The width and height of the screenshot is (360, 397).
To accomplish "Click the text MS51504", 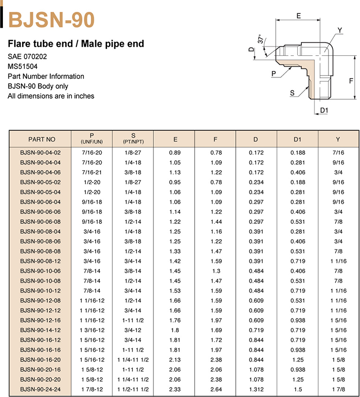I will (x=23, y=66).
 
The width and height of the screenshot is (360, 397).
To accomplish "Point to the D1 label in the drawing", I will (x=324, y=110).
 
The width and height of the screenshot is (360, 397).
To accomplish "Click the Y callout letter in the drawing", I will (x=339, y=31).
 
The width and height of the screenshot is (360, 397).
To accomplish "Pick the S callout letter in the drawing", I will (x=292, y=93).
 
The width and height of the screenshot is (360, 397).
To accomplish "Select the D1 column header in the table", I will (x=297, y=139).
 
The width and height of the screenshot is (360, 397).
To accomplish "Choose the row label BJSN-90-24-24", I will (x=40, y=390).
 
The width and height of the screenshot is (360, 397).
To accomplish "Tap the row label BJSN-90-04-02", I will (x=40, y=153).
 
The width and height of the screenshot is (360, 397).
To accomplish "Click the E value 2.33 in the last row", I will (x=175, y=390).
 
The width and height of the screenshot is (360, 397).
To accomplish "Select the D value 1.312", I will (x=256, y=390).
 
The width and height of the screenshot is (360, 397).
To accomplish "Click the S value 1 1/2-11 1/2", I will (x=133, y=390).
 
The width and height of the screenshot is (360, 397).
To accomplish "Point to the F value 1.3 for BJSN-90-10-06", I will (x=216, y=271).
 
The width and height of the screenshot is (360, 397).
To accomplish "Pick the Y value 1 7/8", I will (x=338, y=390).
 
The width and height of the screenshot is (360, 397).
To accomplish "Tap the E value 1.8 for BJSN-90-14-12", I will (x=175, y=330).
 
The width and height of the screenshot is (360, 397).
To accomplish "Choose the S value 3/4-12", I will (x=133, y=330).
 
